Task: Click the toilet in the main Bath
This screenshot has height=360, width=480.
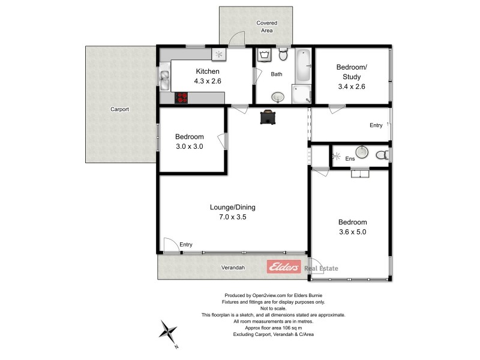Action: pos(284,56)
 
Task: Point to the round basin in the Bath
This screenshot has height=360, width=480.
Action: pos(278,96)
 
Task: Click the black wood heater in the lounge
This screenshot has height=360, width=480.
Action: pos(268,117)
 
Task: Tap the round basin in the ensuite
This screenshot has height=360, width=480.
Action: pos(361,152)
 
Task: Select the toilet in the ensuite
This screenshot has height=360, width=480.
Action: pos(382,155)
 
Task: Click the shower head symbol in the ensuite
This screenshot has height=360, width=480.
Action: pos(335,157)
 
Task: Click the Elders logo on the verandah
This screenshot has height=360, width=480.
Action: pos(284,268)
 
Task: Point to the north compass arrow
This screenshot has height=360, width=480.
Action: pos(170,331)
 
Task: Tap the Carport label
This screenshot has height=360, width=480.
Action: pos(119,109)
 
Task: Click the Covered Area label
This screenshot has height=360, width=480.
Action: pos(267,26)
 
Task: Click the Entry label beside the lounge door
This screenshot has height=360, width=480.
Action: pos(186,244)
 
